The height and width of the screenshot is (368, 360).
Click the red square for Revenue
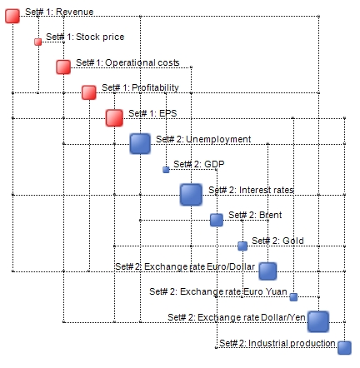(12, 16)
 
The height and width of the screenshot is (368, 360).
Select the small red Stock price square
(38, 42)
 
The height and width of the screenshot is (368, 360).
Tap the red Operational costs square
(63, 67)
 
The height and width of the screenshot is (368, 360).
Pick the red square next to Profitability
(89, 92)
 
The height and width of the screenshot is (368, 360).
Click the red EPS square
(114, 118)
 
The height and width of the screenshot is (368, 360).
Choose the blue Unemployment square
(140, 144)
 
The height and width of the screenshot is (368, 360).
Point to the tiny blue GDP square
(166, 170)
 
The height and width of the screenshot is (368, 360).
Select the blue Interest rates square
(191, 195)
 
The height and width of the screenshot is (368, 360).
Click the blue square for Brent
(217, 220)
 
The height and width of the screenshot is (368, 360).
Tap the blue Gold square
(242, 246)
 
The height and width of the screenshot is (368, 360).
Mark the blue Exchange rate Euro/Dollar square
(267, 271)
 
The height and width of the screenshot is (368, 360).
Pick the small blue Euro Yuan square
(293, 297)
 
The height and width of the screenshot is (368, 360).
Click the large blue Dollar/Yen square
(318, 322)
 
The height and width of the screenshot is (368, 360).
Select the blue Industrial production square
(344, 348)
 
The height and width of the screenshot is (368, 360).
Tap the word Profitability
(155, 87)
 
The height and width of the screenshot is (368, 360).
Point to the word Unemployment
(218, 139)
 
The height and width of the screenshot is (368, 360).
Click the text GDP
(214, 164)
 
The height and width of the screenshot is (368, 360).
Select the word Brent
(270, 215)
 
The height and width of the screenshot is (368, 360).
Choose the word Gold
(293, 241)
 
